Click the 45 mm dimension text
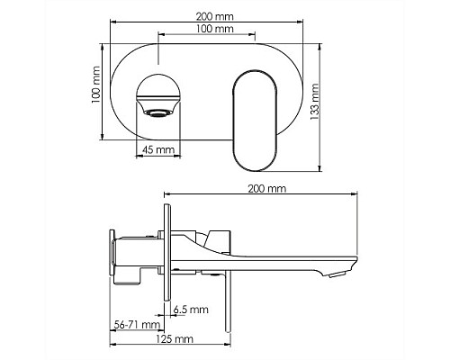[157, 150]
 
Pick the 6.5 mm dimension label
[192, 309]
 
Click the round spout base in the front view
[158, 91]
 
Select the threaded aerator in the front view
[158, 112]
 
